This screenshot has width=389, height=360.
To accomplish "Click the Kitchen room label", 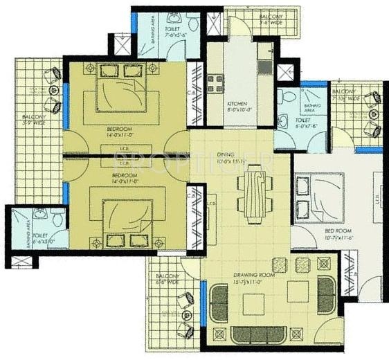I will coord(238,106).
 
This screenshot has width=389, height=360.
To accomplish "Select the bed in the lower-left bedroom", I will coord(130,221).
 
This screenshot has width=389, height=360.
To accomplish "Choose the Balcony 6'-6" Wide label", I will coord(168,279).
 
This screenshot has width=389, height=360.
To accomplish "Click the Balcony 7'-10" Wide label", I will coord(345,95).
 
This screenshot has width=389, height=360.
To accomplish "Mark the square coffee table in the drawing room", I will coord(299,291).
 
